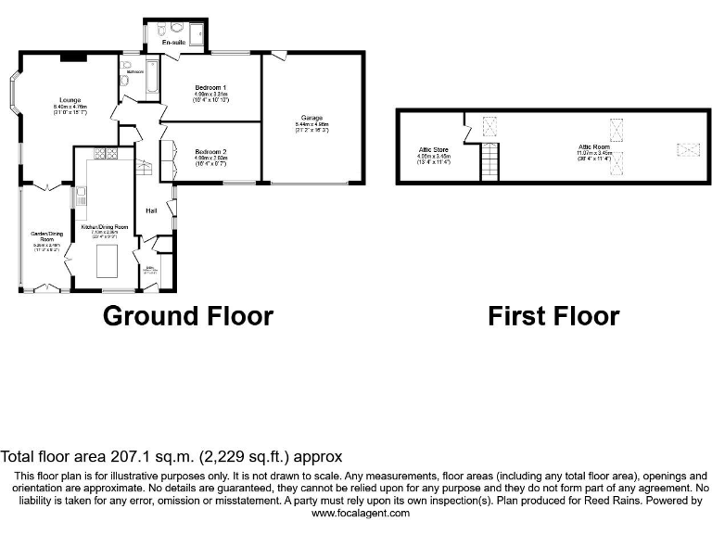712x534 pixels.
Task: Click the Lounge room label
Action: click(x=70, y=100)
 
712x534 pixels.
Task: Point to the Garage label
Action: click(x=311, y=118)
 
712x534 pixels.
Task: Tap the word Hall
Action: click(x=150, y=210)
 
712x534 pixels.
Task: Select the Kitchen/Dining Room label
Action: click(x=104, y=227)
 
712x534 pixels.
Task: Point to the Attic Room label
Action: click(x=592, y=146)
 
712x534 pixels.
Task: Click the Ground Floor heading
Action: click(x=187, y=316)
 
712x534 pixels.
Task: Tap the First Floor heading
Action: click(x=553, y=316)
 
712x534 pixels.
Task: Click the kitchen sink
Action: click(x=83, y=196)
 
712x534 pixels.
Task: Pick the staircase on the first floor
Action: click(x=489, y=161)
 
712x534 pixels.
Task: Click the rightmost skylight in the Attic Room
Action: click(x=686, y=146)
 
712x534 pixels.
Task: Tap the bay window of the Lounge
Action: click(x=18, y=98)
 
